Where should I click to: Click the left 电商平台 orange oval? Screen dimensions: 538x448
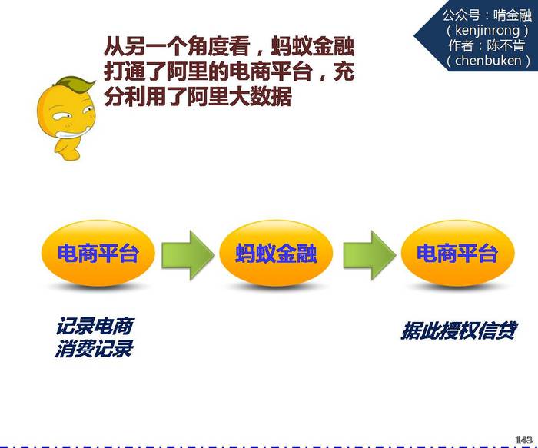(98, 253)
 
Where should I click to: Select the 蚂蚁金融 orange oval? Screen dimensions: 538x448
(276, 253)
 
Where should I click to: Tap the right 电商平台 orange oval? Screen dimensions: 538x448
(458, 253)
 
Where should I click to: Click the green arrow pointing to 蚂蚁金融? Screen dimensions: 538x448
(188, 255)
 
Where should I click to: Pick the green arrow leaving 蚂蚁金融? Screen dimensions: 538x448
(370, 255)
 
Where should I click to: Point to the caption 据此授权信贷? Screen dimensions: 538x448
(458, 330)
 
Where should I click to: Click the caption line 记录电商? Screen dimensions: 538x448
(95, 326)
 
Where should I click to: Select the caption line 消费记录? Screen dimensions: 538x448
(94, 349)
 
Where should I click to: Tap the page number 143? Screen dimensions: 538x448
(523, 440)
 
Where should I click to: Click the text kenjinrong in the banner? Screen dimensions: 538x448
(487, 31)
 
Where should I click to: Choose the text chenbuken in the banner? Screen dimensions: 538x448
(488, 61)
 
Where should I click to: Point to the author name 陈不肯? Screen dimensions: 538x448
(505, 45)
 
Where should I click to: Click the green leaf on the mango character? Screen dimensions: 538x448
(76, 84)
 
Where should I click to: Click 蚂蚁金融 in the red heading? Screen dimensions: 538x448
(312, 47)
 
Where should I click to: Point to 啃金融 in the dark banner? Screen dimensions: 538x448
(513, 15)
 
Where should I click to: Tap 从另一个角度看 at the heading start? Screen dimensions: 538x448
(177, 47)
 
